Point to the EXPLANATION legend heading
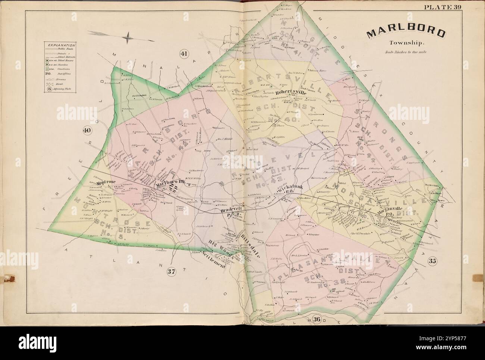point(59,44)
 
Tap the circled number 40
point(87,130)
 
